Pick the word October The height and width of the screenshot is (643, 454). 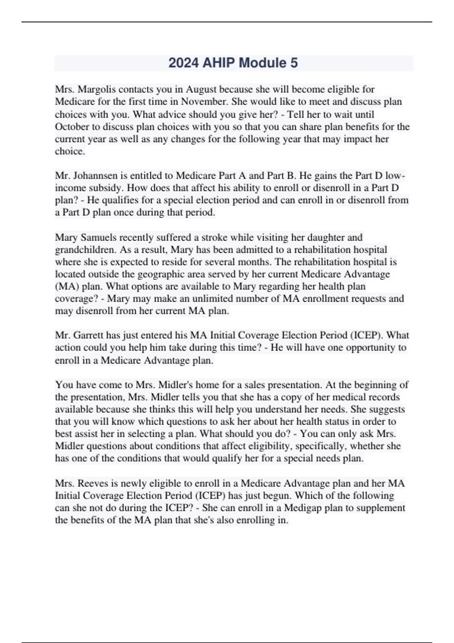point(72,127)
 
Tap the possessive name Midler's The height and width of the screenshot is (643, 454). point(175,385)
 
